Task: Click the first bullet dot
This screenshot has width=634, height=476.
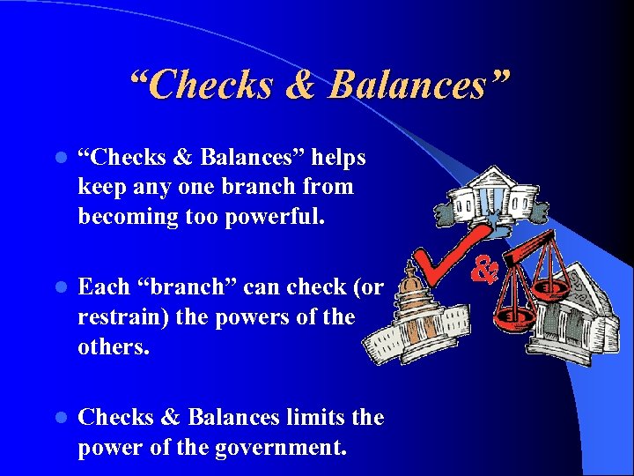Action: [x=60, y=159]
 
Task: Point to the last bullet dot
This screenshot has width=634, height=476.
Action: [x=60, y=418]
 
